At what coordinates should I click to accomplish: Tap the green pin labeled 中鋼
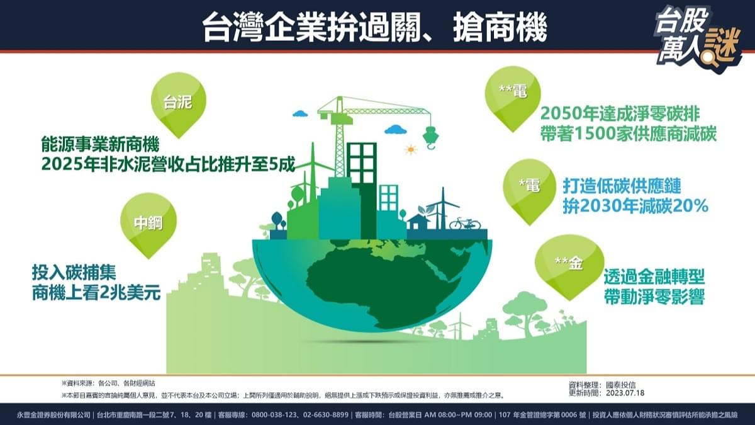pyautogui.click(x=148, y=223)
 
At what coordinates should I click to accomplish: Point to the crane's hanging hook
pyautogui.click(x=430, y=138)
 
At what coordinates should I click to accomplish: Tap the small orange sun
pyautogui.click(x=411, y=150)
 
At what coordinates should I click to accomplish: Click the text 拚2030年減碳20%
pyautogui.click(x=636, y=206)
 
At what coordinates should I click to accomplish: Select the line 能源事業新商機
pyautogui.click(x=101, y=143)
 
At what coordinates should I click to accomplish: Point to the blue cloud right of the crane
pyautogui.click(x=396, y=129)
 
